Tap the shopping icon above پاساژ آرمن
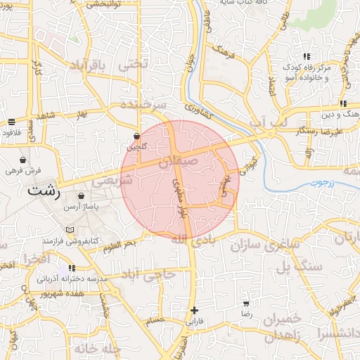click(82, 196)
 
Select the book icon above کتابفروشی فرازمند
click(69, 230)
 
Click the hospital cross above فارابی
click(194, 309)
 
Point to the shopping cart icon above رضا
click(246, 304)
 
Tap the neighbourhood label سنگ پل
click(298, 267)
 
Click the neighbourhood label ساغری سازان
click(275, 246)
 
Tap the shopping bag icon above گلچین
click(136, 136)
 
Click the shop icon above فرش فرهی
click(24, 160)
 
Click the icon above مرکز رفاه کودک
click(306, 56)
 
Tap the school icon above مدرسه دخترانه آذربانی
click(72, 268)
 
